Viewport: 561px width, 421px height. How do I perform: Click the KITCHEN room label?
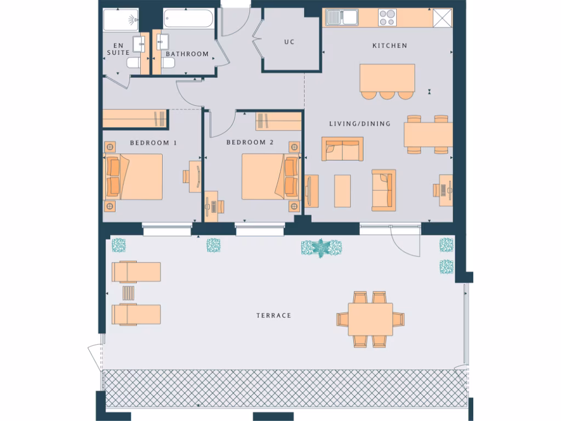click(x=390, y=45)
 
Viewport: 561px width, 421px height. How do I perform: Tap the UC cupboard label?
click(x=289, y=42)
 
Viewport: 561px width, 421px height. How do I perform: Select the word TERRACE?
click(x=273, y=316)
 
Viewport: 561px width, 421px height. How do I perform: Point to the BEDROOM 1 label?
click(x=153, y=143)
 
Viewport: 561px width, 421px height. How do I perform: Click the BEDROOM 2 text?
click(x=250, y=143)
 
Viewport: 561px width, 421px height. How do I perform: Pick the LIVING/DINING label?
click(x=360, y=124)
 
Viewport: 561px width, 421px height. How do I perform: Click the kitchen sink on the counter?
click(x=341, y=18)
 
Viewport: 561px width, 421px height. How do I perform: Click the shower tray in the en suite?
click(x=121, y=20)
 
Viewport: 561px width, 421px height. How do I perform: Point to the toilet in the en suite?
click(x=133, y=64)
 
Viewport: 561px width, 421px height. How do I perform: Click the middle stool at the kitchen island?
click(x=387, y=95)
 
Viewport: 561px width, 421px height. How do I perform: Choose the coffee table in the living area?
click(x=342, y=190)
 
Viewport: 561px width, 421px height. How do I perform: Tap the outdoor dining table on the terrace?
click(x=371, y=319)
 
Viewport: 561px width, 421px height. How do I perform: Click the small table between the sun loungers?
click(x=128, y=293)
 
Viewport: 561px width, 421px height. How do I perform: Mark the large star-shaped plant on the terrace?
click(x=321, y=248)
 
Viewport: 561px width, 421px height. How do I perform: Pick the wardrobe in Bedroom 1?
click(x=135, y=118)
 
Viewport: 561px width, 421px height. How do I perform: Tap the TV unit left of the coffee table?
click(x=311, y=190)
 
